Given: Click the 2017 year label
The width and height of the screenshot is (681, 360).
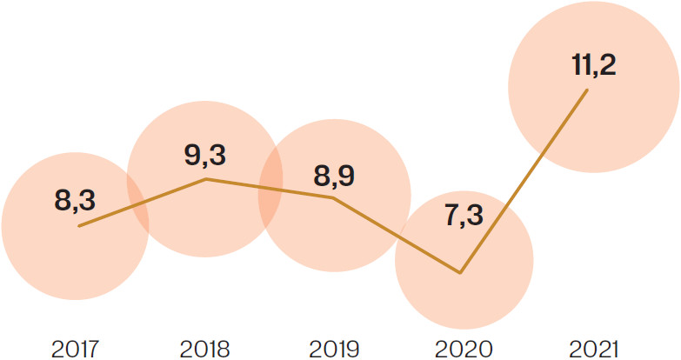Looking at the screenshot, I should (76, 350).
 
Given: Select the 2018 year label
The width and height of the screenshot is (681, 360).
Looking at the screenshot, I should (204, 350).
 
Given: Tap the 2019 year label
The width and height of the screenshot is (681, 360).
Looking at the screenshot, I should (333, 350).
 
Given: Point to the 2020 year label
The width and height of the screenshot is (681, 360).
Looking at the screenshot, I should (462, 350).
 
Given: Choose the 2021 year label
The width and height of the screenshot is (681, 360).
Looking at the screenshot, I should (591, 350).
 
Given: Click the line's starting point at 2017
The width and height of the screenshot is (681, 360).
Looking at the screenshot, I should (78, 226).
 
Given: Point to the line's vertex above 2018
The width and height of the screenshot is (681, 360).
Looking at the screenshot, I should (206, 179).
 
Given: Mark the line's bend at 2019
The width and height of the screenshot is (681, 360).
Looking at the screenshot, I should (333, 197).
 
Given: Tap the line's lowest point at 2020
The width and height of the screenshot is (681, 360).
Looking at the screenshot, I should (461, 273).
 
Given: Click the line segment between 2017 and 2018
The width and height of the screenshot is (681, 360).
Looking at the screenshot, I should (142, 203).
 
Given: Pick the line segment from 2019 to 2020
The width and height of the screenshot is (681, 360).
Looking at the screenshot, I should (397, 236).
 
